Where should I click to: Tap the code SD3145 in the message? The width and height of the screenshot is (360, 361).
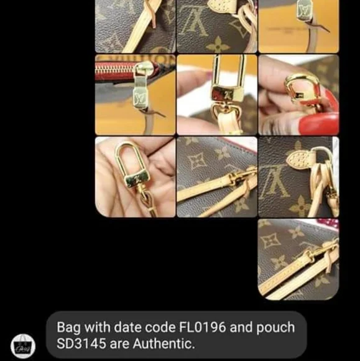(x=81, y=344)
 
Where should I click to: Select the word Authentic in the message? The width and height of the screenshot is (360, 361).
(x=164, y=344)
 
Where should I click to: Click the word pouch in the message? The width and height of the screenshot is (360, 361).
(x=275, y=328)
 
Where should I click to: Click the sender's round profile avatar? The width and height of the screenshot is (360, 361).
(x=23, y=346)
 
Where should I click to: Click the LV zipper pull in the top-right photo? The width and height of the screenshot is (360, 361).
(x=304, y=11)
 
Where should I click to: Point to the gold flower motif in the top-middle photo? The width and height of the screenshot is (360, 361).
(x=218, y=45)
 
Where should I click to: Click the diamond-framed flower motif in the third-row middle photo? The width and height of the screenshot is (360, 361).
(x=197, y=160)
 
